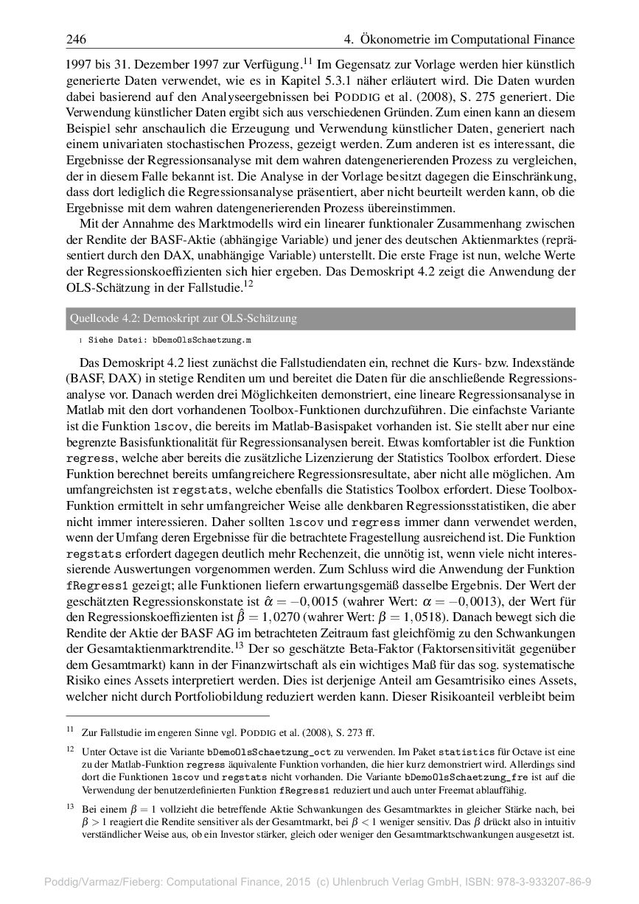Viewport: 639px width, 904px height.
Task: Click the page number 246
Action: click(77, 39)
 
